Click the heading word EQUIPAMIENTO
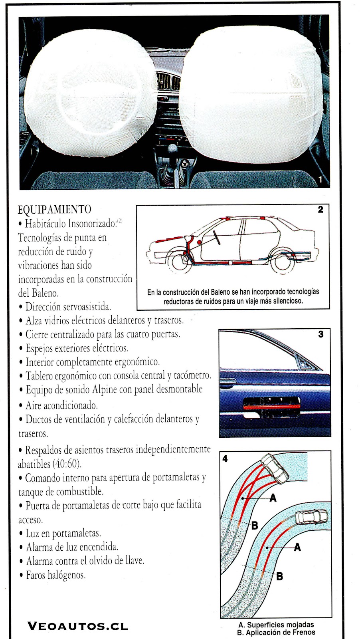click(x=55, y=210)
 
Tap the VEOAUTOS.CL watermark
click(x=78, y=626)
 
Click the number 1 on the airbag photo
click(x=320, y=180)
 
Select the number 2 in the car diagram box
click(x=320, y=210)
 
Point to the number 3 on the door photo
click(x=321, y=334)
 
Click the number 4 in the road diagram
click(x=225, y=459)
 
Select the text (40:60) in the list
click(x=66, y=464)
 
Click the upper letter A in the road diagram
click(x=273, y=498)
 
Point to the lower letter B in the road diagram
click(x=279, y=576)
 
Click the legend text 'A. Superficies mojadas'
click(x=276, y=625)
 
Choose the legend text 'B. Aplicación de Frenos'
click(x=276, y=632)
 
